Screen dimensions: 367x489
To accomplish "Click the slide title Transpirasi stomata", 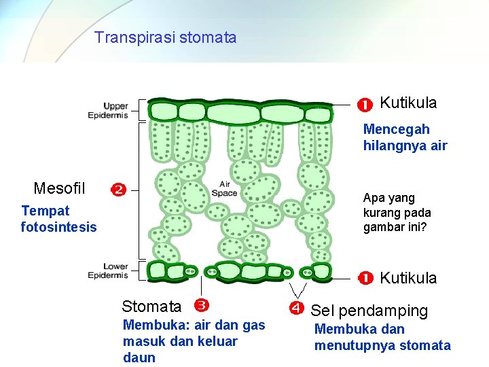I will click(166, 37).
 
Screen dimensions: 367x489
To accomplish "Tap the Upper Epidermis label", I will click(108, 110).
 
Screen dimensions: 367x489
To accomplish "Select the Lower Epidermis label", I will click(108, 270).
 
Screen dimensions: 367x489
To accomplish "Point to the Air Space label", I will click(224, 188).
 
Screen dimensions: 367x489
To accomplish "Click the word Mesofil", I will click(59, 188).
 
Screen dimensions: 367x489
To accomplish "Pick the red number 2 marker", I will click(118, 190).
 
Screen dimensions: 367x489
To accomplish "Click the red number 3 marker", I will click(201, 305).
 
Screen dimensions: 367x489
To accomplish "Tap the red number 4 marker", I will click(296, 309).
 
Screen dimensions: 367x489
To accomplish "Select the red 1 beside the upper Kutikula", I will click(365, 105).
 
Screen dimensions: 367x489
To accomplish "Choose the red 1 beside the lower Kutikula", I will click(365, 277).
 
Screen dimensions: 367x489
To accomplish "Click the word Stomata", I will click(151, 307).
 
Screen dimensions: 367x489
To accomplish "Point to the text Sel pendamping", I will click(369, 311).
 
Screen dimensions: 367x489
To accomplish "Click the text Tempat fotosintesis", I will click(58, 219).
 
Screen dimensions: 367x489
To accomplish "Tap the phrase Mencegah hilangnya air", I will click(405, 137).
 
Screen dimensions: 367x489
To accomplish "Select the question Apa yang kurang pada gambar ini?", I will click(397, 212).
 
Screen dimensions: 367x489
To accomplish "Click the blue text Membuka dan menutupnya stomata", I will click(382, 337).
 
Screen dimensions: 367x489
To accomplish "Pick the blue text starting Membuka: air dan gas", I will click(193, 341).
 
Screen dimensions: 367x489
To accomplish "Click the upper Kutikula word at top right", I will click(408, 103).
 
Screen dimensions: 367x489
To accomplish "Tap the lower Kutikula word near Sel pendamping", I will click(408, 277).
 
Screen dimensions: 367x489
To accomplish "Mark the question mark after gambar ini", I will click(427, 226).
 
